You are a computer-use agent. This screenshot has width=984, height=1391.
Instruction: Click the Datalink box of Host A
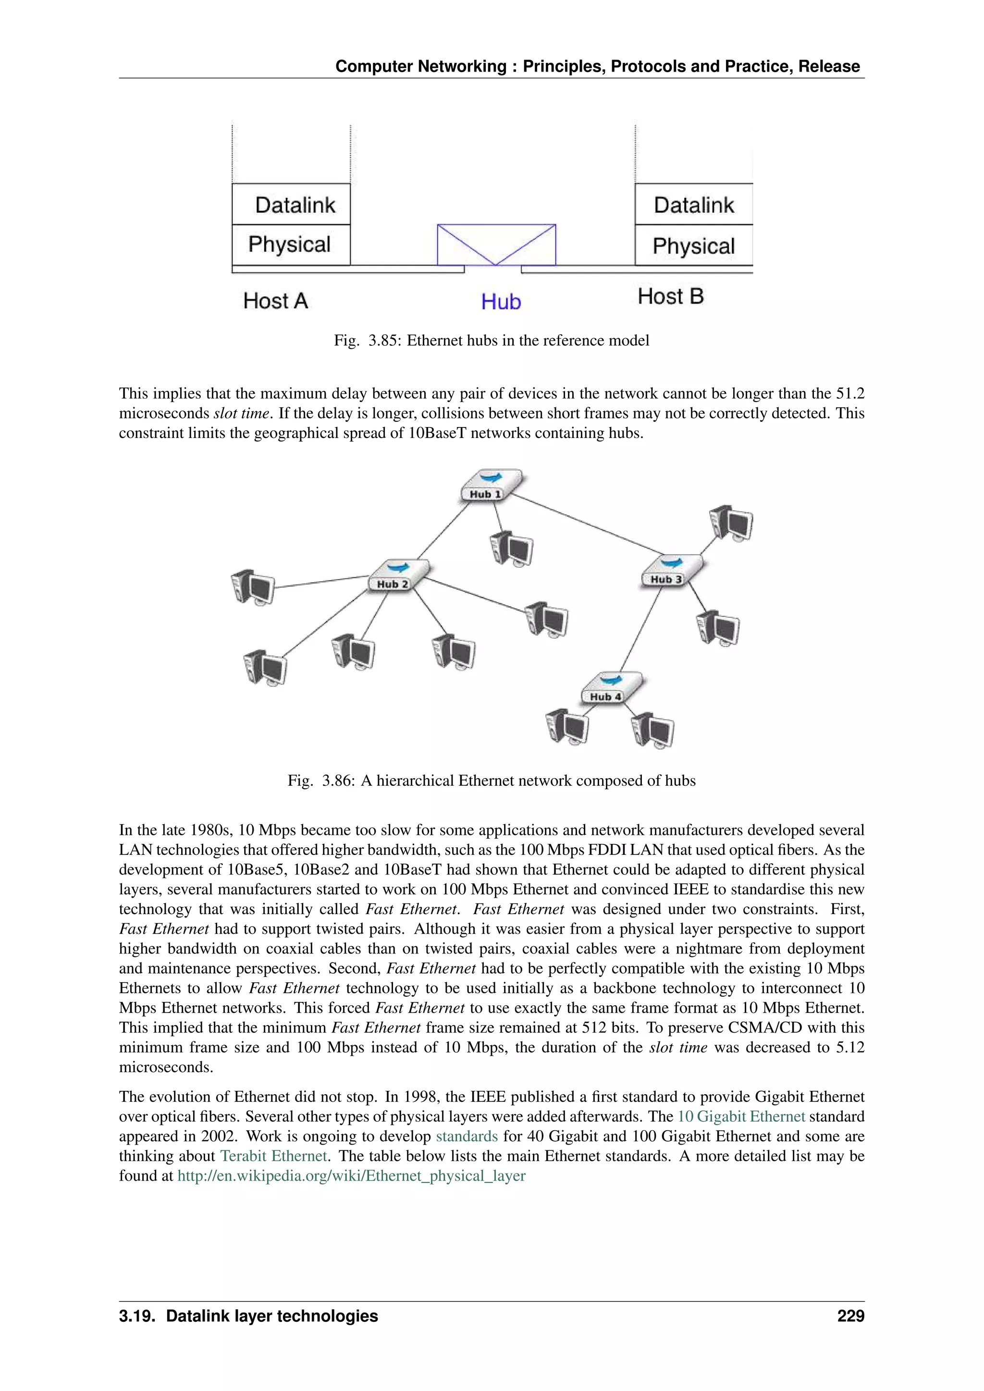(291, 204)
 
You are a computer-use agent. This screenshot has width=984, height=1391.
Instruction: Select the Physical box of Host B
(693, 245)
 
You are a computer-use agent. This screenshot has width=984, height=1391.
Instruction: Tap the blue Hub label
(501, 301)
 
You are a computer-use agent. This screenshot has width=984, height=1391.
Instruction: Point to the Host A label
(275, 301)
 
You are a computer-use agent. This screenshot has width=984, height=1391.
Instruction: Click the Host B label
(670, 296)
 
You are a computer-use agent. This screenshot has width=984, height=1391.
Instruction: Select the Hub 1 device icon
(490, 485)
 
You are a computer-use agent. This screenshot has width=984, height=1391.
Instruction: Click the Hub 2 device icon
(398, 575)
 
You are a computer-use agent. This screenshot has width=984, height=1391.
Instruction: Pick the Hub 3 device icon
(671, 570)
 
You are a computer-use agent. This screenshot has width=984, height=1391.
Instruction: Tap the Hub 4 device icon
(611, 688)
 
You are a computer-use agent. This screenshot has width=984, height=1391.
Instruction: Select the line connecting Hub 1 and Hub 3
(588, 525)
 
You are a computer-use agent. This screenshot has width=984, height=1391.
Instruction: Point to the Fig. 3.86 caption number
(337, 781)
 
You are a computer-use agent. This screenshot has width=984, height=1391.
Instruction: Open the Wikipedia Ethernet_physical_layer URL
(351, 1175)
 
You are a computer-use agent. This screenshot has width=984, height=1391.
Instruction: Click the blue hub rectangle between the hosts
(496, 244)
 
